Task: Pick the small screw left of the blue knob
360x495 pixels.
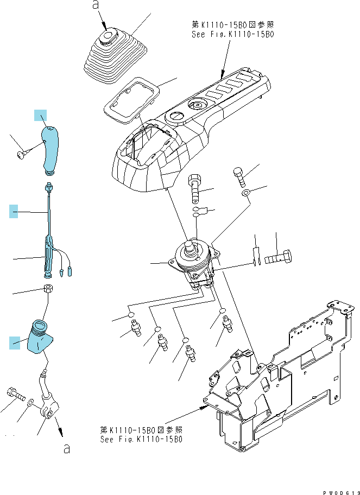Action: point(22,155)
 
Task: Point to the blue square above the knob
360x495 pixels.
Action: point(40,115)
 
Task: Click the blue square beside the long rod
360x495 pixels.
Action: point(13,211)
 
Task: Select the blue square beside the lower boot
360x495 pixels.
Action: point(15,343)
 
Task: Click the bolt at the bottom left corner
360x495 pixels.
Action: point(15,394)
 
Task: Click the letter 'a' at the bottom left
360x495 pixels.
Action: point(67,448)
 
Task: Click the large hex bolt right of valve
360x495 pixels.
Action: point(277,256)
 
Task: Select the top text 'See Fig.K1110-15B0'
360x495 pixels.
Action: point(233,34)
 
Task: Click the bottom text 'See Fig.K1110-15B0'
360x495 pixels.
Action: point(141,439)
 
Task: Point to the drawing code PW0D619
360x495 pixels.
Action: point(341,492)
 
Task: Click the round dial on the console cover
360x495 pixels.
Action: point(197,105)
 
